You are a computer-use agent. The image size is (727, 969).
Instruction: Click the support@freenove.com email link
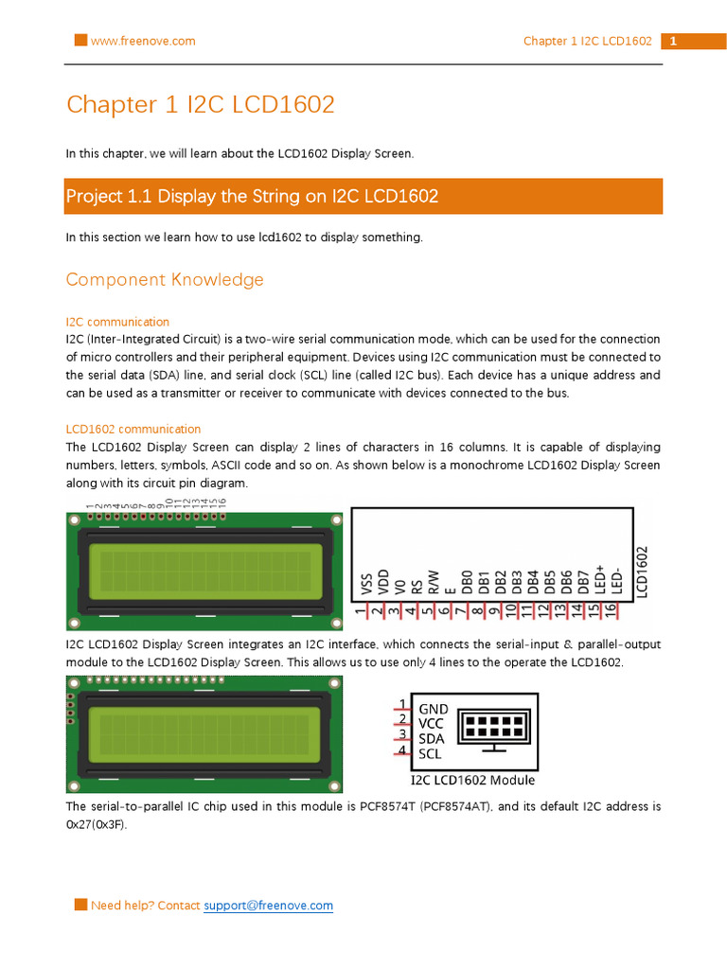click(x=269, y=906)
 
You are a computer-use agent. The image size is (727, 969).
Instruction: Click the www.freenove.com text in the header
click(x=143, y=41)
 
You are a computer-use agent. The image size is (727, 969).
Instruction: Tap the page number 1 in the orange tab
click(x=673, y=42)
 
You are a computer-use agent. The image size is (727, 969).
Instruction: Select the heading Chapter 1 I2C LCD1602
click(x=200, y=104)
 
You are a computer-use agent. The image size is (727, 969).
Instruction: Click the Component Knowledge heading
click(x=165, y=279)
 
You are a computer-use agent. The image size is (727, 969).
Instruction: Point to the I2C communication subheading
click(x=117, y=322)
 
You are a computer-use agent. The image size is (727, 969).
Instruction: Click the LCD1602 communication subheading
click(x=133, y=429)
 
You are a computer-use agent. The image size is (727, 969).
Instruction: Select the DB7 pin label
click(x=584, y=582)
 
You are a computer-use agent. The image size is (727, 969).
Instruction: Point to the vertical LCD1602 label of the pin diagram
click(x=642, y=571)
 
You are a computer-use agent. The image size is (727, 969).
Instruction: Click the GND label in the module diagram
click(x=434, y=709)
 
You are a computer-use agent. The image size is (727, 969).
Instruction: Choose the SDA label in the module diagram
click(x=433, y=739)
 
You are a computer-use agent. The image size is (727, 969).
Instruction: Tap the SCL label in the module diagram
click(x=431, y=754)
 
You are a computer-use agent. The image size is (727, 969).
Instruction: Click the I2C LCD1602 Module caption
click(x=472, y=781)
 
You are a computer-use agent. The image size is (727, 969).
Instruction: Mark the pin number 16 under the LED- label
click(x=611, y=612)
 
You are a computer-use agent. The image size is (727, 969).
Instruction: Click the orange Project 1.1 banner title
click(x=252, y=197)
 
